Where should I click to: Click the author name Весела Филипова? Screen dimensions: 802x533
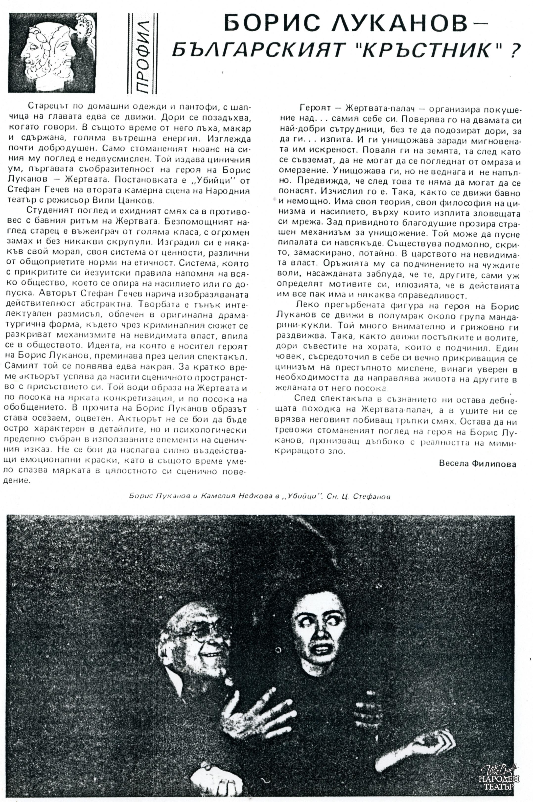[x=477, y=464]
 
